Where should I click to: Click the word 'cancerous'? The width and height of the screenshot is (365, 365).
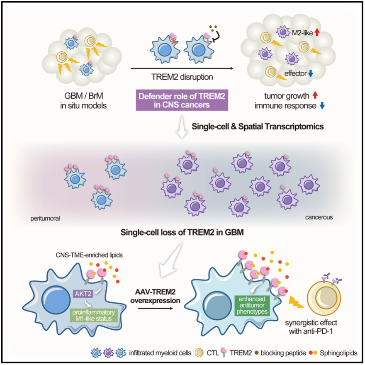[x=319, y=217]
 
